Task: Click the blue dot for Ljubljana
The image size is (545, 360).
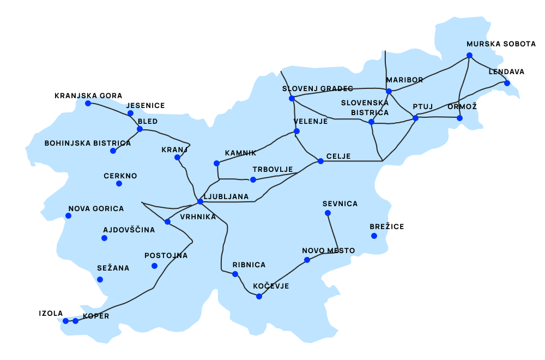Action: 200,201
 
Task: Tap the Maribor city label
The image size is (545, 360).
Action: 404,80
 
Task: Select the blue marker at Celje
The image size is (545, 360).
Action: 320,161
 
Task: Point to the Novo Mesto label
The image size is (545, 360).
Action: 328,251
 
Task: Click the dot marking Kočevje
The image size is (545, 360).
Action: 259,296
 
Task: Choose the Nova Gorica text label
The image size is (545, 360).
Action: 96,209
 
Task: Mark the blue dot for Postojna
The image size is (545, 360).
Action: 154,266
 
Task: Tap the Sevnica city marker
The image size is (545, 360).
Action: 327,213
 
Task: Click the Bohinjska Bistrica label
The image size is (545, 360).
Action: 87,143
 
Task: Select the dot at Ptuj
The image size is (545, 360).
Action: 415,118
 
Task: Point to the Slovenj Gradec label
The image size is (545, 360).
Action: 317,89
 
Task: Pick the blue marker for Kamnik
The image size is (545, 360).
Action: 216,163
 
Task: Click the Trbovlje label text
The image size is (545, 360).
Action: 272,170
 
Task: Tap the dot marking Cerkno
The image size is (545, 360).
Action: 119,183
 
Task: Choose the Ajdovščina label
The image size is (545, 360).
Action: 129,230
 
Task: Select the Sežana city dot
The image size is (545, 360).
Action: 100,279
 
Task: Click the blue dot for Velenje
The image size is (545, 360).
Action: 296,131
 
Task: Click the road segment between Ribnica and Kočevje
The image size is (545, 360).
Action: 246,287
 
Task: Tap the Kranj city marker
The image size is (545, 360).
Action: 177,157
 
